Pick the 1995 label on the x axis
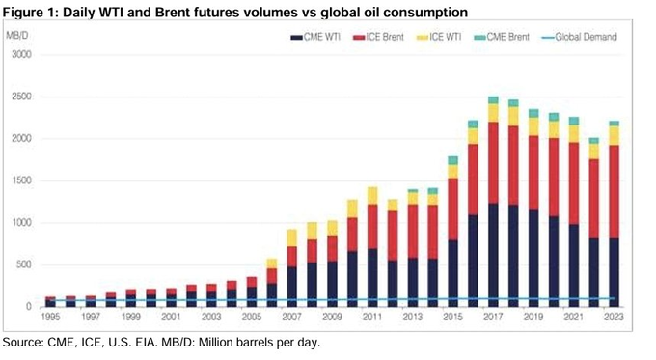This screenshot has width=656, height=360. (49, 317)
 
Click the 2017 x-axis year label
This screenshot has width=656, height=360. (493, 317)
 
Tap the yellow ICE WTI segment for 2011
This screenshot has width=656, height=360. (372, 201)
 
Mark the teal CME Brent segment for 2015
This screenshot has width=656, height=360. (452, 160)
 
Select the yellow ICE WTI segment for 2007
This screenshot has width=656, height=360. (291, 237)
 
